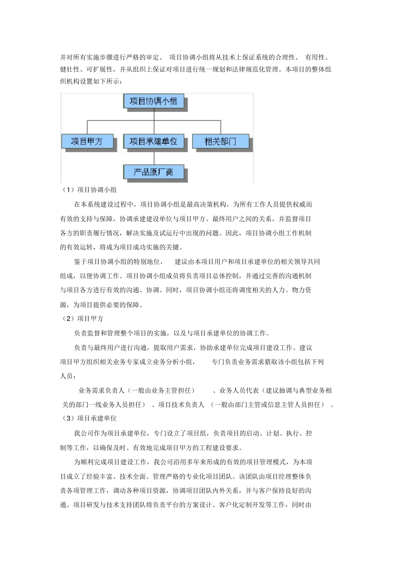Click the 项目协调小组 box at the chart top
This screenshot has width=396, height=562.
[153, 101]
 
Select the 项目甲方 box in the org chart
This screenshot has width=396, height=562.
[87, 141]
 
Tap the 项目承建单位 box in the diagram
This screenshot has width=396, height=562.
[153, 141]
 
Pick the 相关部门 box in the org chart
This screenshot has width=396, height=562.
[220, 141]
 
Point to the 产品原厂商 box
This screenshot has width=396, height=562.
[153, 172]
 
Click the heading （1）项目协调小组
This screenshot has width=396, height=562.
[89, 190]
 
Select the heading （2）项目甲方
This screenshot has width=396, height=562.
[82, 319]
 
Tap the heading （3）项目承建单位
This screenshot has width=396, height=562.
[89, 418]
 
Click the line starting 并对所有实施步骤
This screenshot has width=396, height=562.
[196, 57]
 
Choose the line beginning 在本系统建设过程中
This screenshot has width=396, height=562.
[193, 204]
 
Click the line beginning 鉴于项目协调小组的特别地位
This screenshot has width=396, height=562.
[197, 262]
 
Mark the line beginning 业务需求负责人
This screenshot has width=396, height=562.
[205, 390]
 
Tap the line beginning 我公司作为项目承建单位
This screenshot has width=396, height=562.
[193, 433]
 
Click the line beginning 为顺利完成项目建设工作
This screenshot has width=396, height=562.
[193, 462]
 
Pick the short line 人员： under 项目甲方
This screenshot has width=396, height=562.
[68, 376]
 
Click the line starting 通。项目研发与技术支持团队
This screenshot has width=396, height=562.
[186, 505]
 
